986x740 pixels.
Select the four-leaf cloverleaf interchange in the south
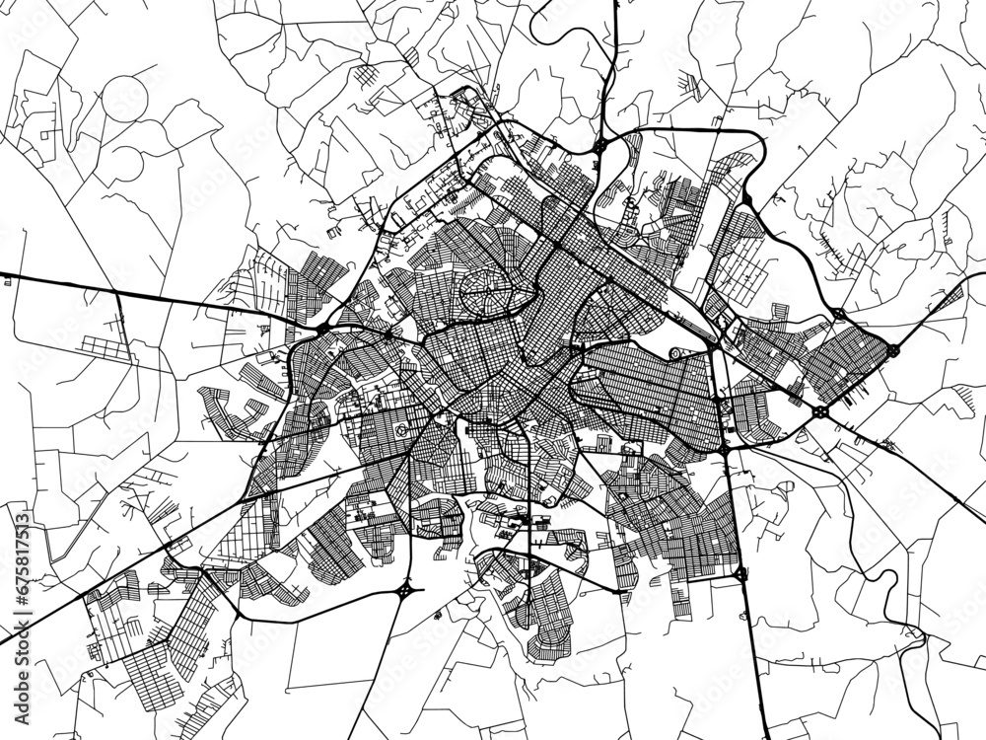(406, 592)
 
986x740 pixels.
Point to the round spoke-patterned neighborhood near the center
(483, 293)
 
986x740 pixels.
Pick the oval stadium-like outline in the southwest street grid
(403, 432)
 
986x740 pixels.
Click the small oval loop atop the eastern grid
(676, 353)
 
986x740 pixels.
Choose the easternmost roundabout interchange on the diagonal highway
(892, 349)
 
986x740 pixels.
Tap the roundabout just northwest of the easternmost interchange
(838, 314)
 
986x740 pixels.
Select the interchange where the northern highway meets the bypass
(599, 147)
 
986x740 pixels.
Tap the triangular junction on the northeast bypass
(747, 200)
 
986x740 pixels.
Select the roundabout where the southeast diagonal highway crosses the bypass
(820, 409)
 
